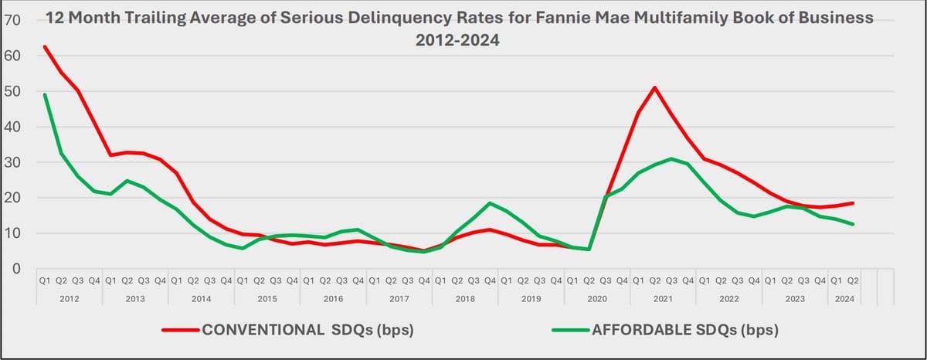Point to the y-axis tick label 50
pyautogui.click(x=12, y=91)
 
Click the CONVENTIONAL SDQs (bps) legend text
pyautogui.click(x=307, y=330)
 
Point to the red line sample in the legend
pyautogui.click(x=181, y=330)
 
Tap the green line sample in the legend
pyautogui.click(x=571, y=330)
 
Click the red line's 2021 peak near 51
pyautogui.click(x=655, y=87)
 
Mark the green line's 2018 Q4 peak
pyautogui.click(x=490, y=203)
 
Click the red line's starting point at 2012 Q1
pyautogui.click(x=45, y=46)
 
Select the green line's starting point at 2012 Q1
pyautogui.click(x=45, y=94)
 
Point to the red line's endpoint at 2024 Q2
pyautogui.click(x=853, y=203)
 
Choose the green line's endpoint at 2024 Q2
pyautogui.click(x=853, y=224)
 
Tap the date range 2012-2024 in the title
pyautogui.click(x=457, y=41)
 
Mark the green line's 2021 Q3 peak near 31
pyautogui.click(x=671, y=159)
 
